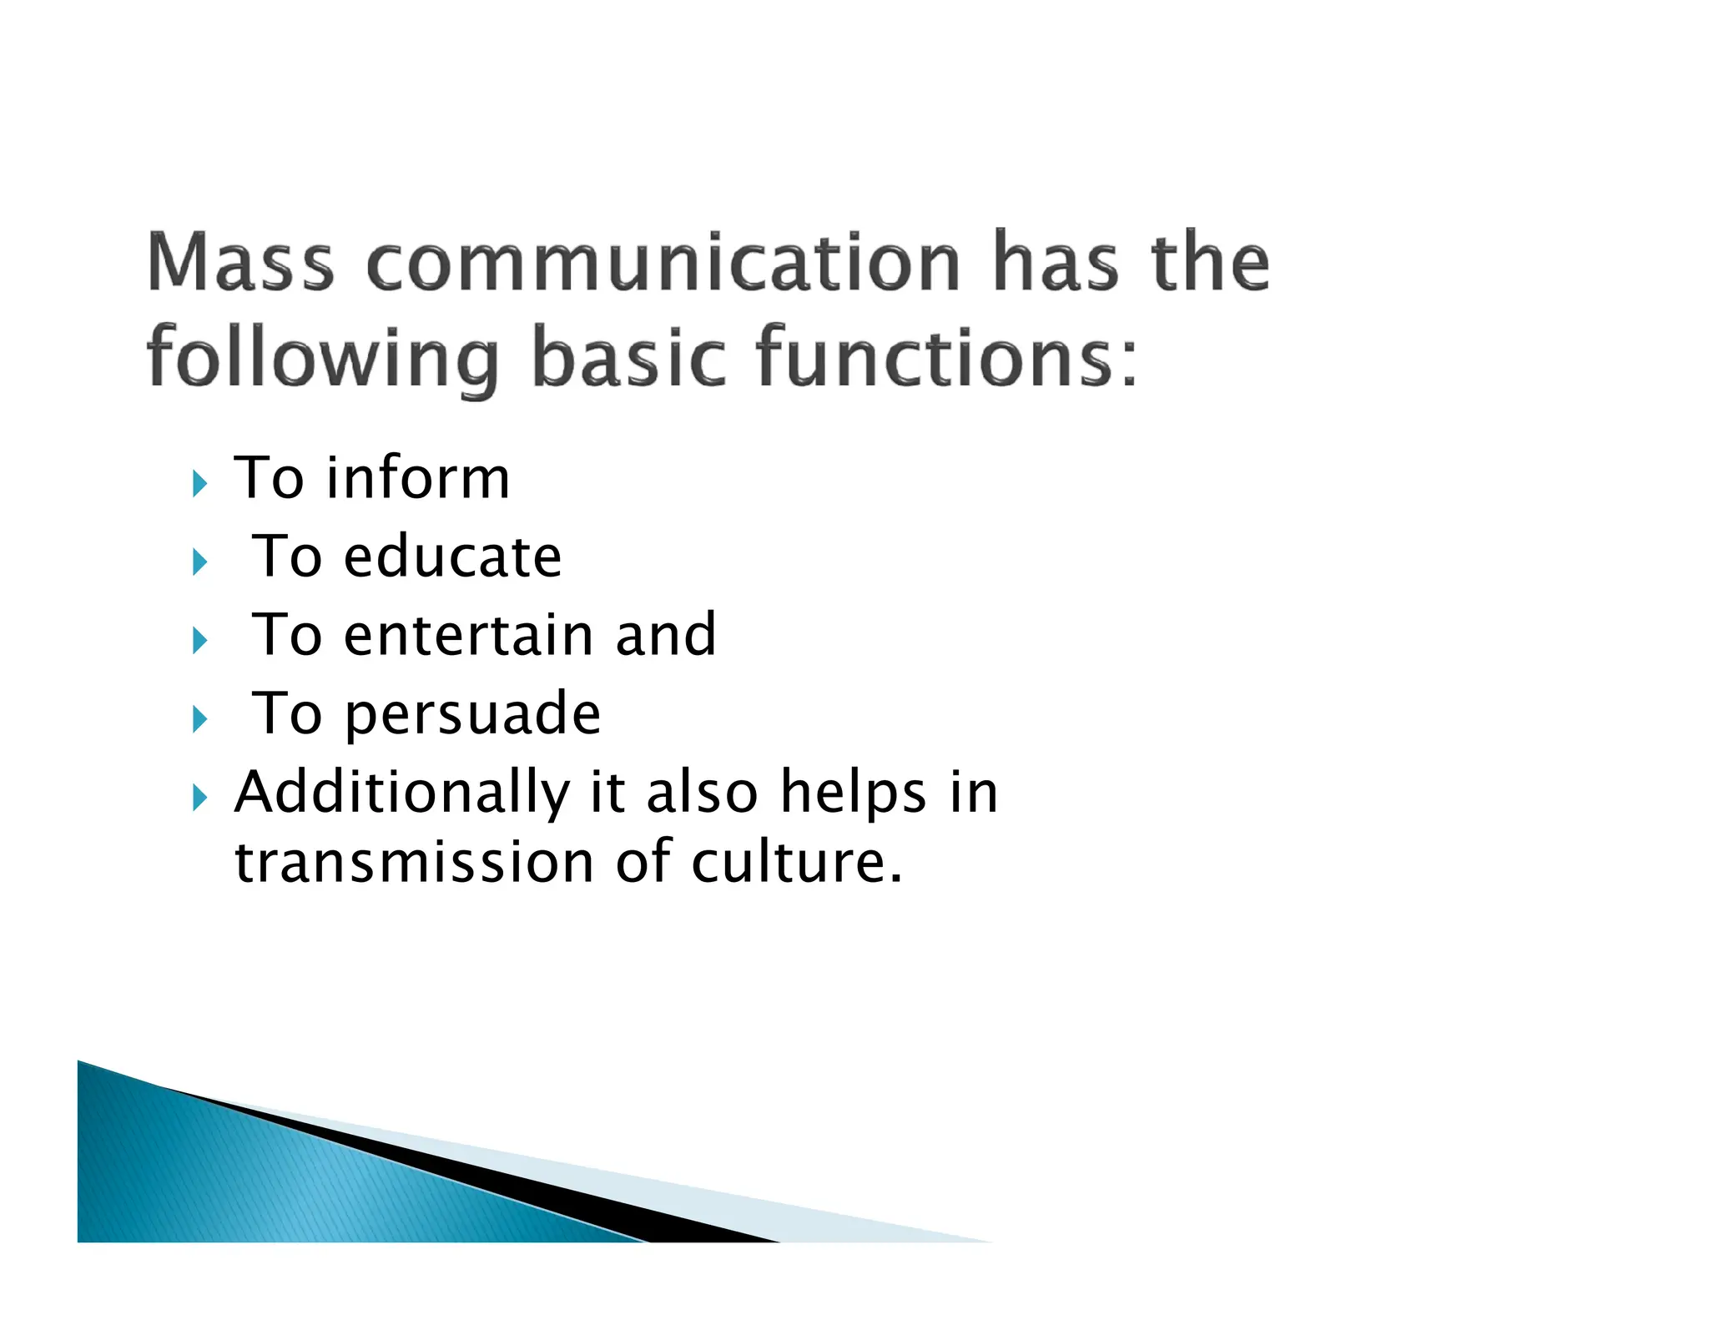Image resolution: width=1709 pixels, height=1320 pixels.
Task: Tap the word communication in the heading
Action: click(663, 264)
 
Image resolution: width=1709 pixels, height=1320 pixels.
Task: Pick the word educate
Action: click(452, 557)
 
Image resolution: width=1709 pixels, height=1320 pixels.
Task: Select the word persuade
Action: click(471, 714)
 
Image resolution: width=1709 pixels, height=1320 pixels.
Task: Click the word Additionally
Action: click(401, 792)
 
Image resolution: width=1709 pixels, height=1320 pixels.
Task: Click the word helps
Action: click(853, 792)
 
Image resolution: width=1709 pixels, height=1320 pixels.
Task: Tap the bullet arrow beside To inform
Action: click(199, 483)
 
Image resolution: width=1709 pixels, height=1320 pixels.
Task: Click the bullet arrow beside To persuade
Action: click(199, 718)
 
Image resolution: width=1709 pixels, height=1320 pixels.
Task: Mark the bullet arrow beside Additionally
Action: click(199, 798)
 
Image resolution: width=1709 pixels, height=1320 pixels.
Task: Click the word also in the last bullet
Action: click(702, 792)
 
